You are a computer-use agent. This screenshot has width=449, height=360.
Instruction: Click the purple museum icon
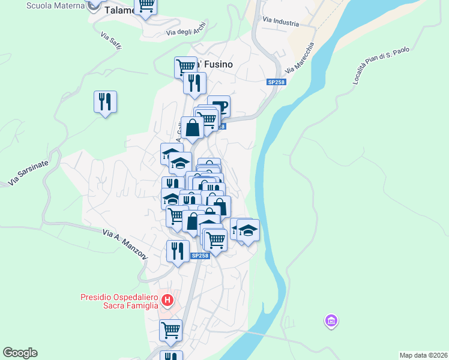pyautogui.click(x=330, y=322)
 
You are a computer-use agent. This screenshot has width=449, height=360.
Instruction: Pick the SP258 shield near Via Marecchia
pyautogui.click(x=276, y=82)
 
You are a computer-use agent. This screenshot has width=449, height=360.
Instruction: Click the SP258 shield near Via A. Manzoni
pyautogui.click(x=200, y=256)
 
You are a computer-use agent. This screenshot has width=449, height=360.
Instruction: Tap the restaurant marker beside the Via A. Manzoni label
pyautogui.click(x=177, y=250)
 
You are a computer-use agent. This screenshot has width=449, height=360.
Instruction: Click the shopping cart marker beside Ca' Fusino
pyautogui.click(x=185, y=66)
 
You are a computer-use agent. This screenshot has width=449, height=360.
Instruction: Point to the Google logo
pyautogui.click(x=20, y=353)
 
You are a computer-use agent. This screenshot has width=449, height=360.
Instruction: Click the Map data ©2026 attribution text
pyautogui.click(x=424, y=355)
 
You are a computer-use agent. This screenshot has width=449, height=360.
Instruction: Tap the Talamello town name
pyautogui.click(x=119, y=10)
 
